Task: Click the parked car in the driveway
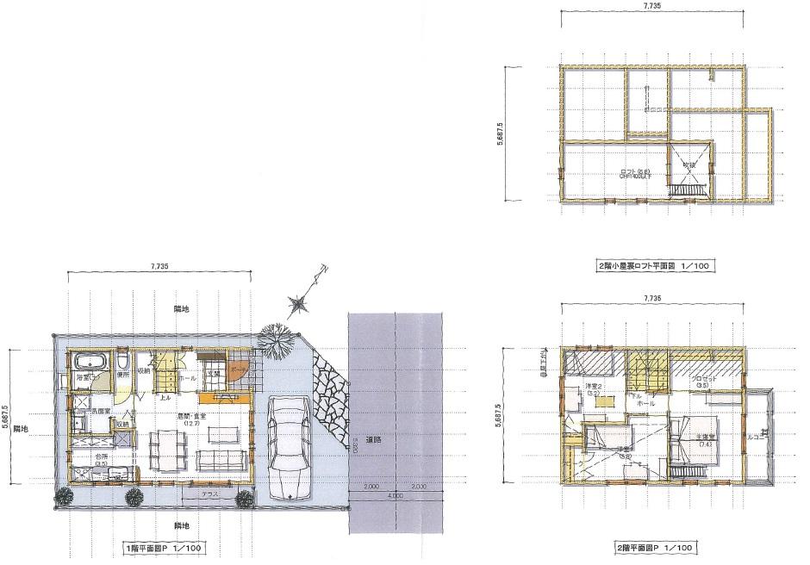click(290, 448)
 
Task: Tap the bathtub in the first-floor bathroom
click(88, 360)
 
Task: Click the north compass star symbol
click(300, 302)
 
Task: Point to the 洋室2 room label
click(595, 385)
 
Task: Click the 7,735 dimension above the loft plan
click(652, 6)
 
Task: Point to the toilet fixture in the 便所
click(124, 357)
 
